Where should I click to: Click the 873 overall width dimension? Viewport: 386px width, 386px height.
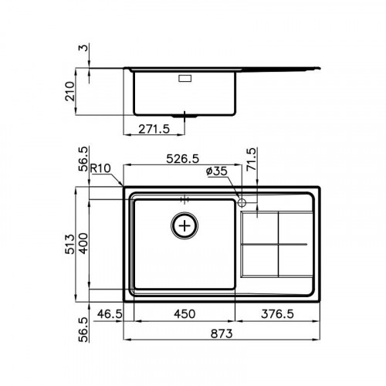point(222,334)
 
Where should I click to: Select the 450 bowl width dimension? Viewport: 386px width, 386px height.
point(185,314)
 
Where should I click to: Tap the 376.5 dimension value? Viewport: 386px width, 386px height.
point(277,314)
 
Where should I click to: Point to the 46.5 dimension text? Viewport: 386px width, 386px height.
point(110,314)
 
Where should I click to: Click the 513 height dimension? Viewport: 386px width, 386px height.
point(69,244)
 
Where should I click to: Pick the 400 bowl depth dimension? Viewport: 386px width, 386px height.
point(83,243)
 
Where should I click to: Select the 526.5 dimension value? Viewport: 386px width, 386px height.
point(182,159)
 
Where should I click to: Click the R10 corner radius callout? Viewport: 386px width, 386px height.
point(100,168)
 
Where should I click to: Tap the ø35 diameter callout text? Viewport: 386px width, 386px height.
point(217,171)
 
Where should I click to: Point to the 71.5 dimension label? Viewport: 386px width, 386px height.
point(252,159)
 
